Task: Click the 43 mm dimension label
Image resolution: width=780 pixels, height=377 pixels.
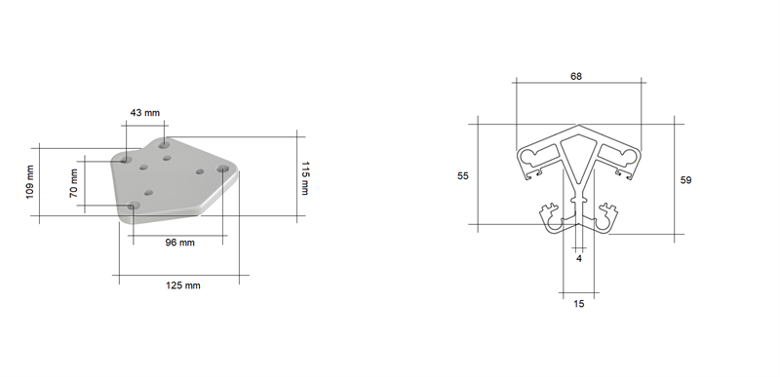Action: click(144, 113)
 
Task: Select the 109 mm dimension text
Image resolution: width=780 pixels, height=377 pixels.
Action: click(30, 182)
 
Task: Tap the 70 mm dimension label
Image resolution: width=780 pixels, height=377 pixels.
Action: click(74, 183)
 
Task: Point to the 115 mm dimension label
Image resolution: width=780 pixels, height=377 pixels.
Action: click(304, 178)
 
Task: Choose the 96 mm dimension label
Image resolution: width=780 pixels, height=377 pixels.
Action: click(179, 243)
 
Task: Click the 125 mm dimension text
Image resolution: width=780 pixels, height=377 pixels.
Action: click(183, 285)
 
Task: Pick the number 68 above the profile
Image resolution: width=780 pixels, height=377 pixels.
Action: click(576, 76)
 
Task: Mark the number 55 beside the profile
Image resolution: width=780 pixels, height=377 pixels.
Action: click(462, 175)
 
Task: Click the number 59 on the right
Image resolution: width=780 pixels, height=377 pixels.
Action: click(685, 180)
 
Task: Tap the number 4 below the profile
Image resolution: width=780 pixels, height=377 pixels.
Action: click(579, 259)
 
